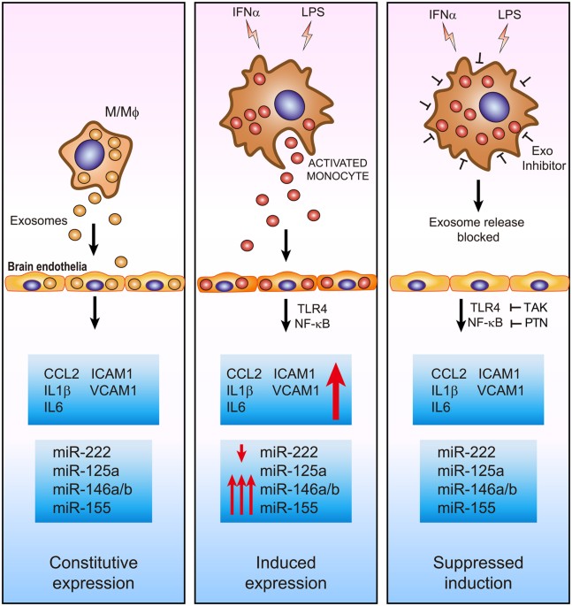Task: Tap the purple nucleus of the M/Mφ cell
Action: [95, 157]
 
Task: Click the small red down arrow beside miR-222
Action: [240, 453]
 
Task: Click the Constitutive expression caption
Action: [95, 571]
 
